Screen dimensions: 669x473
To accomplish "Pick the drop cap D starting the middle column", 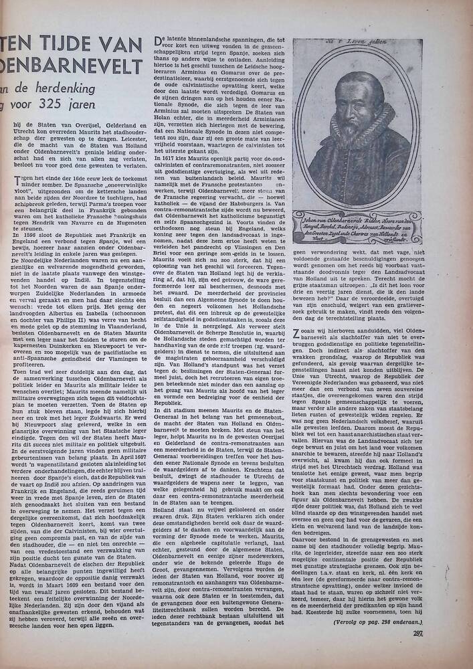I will (159, 43).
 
